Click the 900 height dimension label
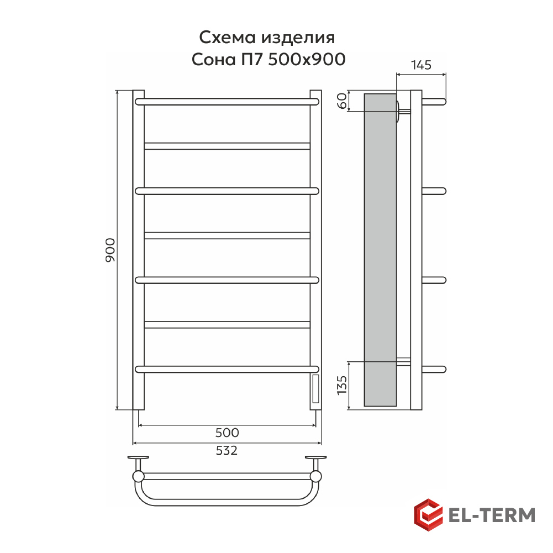coord(110,250)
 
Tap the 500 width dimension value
coord(227,433)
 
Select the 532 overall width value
coord(227,450)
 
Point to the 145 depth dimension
coord(421,65)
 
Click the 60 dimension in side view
coord(342,101)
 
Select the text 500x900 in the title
coord(307,59)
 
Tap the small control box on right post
coord(316,389)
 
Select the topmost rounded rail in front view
coord(227,102)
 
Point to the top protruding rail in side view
coord(434,102)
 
